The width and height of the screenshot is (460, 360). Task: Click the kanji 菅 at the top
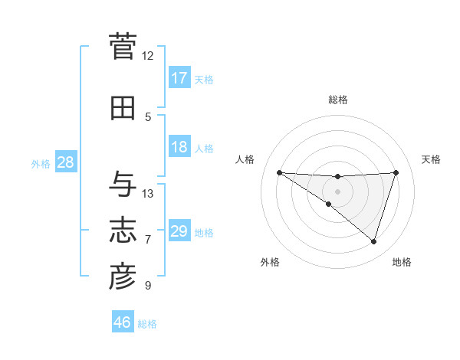pyautogui.click(x=123, y=47)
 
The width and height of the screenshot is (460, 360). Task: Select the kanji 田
pyautogui.click(x=123, y=109)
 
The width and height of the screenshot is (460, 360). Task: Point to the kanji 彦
pyautogui.click(x=123, y=277)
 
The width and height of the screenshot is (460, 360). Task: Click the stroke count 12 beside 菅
pyautogui.click(x=147, y=56)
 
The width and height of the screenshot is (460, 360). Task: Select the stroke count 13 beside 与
pyautogui.click(x=148, y=194)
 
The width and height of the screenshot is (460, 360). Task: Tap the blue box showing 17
pyautogui.click(x=179, y=78)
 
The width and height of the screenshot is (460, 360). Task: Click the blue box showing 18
pyautogui.click(x=179, y=147)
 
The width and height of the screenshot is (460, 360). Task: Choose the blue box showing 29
pyautogui.click(x=179, y=231)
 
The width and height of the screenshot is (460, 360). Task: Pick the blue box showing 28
pyautogui.click(x=65, y=163)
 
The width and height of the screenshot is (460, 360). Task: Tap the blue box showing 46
pyautogui.click(x=123, y=322)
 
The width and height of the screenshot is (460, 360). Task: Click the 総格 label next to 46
pyautogui.click(x=148, y=324)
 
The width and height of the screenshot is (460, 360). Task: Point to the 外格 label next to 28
pyautogui.click(x=41, y=164)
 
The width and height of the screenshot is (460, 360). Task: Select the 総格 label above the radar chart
pyautogui.click(x=337, y=100)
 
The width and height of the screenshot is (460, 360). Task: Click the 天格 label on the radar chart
pyautogui.click(x=432, y=159)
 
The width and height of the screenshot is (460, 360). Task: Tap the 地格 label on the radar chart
pyautogui.click(x=402, y=262)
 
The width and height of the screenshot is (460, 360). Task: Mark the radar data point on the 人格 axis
pyautogui.click(x=279, y=172)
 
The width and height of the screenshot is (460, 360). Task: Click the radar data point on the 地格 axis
pyautogui.click(x=373, y=241)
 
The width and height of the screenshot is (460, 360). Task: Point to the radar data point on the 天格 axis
pyautogui.click(x=396, y=172)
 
